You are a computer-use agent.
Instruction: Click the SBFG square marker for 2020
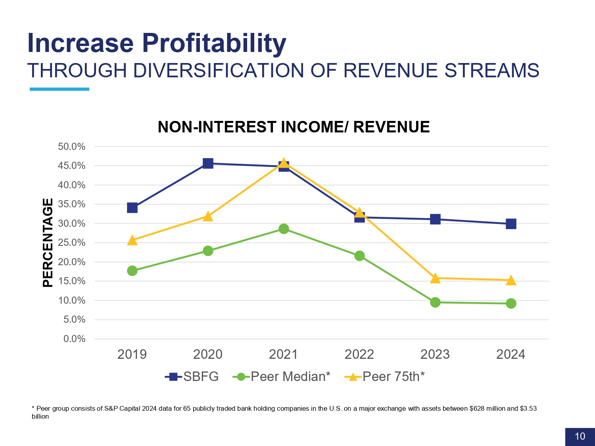(x=208, y=163)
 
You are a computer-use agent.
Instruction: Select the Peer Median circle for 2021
(x=284, y=229)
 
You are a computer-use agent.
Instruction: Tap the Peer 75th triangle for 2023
(x=435, y=278)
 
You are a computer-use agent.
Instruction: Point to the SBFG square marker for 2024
(x=511, y=224)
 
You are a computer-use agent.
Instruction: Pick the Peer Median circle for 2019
(x=132, y=271)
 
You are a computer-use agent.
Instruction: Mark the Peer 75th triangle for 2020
(x=208, y=216)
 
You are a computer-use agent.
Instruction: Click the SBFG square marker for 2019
(x=132, y=208)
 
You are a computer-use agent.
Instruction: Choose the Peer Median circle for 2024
(x=511, y=304)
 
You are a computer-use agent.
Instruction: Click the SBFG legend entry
(x=192, y=377)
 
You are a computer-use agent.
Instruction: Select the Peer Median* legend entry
(x=282, y=377)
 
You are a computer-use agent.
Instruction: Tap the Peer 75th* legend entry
(x=385, y=377)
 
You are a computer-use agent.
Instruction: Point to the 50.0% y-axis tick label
(x=72, y=147)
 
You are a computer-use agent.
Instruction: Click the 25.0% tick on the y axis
(x=72, y=243)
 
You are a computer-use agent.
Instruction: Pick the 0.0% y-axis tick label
(x=75, y=339)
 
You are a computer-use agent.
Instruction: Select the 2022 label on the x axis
(x=359, y=354)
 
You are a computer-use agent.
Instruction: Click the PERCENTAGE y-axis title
(x=48, y=243)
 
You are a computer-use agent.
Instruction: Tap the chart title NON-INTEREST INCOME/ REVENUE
(x=294, y=127)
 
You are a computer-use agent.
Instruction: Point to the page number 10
(x=580, y=436)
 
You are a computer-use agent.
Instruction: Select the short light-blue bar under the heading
(x=59, y=89)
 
